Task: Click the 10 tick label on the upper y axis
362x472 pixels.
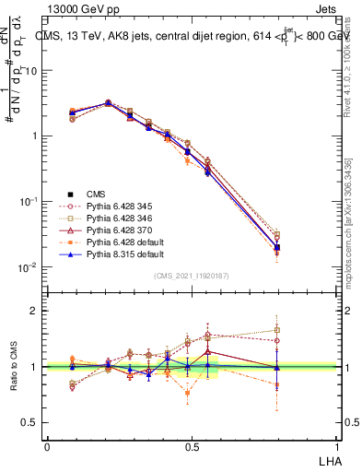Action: pos(31,70)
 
